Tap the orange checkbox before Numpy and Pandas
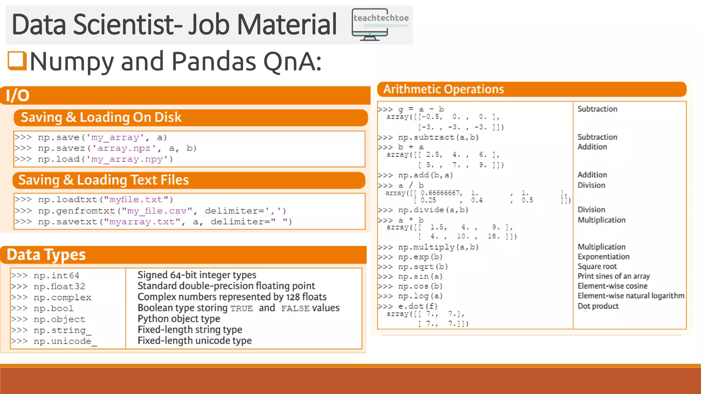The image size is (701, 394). click(17, 61)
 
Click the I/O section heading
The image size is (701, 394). click(18, 95)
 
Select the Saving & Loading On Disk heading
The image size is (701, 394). click(101, 117)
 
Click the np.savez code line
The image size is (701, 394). click(105, 148)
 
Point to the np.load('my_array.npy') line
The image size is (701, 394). click(94, 159)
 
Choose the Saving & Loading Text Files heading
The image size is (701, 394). click(103, 180)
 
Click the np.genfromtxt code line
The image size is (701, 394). click(150, 211)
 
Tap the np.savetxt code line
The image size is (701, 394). click(153, 222)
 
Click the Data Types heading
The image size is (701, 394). click(46, 255)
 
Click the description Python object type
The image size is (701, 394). click(179, 319)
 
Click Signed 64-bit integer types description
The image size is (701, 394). click(197, 275)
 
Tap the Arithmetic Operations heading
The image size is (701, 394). click(443, 89)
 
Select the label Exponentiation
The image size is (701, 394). click(603, 257)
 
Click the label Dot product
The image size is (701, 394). click(598, 306)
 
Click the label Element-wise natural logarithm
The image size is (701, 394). click(631, 296)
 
